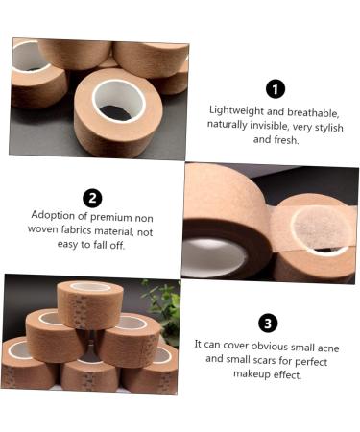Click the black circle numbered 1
pyautogui.click(x=276, y=89)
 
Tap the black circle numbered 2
pyautogui.click(x=92, y=198)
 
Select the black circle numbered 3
pyautogui.click(x=268, y=324)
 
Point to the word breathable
pyautogui.click(x=313, y=112)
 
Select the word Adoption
pyautogui.click(x=53, y=215)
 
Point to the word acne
pyautogui.click(x=328, y=348)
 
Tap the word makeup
pyautogui.click(x=252, y=373)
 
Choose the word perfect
pyautogui.click(x=311, y=362)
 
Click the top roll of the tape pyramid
pyautogui.click(x=90, y=304)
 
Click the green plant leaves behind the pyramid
pyautogui.click(x=163, y=310)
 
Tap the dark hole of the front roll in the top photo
pyautogui.click(x=115, y=112)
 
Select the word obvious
pyautogui.click(x=270, y=346)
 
